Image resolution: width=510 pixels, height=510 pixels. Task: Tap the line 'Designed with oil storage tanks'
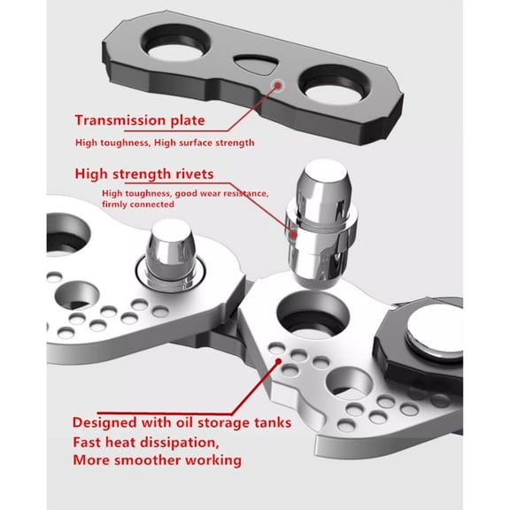(x=181, y=422)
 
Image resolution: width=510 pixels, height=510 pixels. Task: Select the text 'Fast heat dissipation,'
(x=145, y=442)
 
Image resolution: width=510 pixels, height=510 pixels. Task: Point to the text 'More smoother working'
(x=156, y=460)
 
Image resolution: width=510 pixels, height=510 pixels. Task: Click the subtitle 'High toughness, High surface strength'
(x=164, y=143)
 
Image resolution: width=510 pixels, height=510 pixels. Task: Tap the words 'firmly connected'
(x=137, y=205)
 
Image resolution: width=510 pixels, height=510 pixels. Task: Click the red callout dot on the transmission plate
(x=280, y=86)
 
